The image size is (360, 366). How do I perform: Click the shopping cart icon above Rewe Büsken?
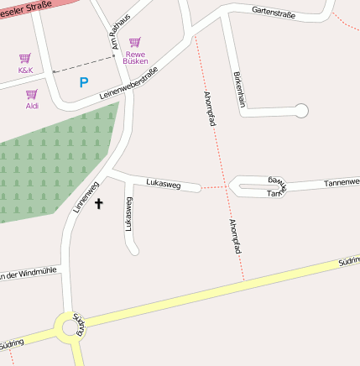click(135, 42)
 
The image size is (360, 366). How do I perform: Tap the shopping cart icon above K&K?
click(25, 59)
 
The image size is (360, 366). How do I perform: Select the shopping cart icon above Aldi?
click(32, 94)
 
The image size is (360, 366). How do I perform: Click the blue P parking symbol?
click(83, 82)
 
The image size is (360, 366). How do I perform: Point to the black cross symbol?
click(98, 203)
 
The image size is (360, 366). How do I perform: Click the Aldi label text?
click(32, 106)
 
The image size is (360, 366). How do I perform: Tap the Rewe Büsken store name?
click(135, 57)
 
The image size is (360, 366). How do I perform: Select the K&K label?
click(25, 71)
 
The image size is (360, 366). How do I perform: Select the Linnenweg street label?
click(86, 196)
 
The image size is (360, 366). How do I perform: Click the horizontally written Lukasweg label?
click(163, 182)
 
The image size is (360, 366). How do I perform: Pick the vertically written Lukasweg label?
click(129, 213)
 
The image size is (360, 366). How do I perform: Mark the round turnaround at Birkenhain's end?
click(301, 110)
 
